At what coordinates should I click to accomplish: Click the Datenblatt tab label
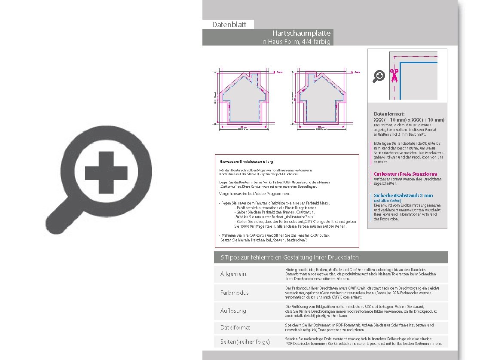click(x=229, y=24)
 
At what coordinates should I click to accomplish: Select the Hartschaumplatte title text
click(x=301, y=33)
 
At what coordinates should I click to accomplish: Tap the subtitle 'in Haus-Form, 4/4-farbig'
click(x=296, y=42)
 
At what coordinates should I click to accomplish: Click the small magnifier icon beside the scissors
click(x=379, y=76)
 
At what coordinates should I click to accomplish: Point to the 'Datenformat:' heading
click(x=389, y=114)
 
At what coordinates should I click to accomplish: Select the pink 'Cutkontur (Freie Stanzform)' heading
click(x=405, y=174)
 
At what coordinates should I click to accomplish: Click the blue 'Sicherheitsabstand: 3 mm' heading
click(x=403, y=195)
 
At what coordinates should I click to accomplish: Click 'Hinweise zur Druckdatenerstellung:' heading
click(x=247, y=162)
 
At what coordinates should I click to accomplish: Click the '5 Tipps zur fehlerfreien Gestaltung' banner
click(x=290, y=257)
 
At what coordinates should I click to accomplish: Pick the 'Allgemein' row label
click(x=233, y=274)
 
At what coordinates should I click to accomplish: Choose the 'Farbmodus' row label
click(x=234, y=293)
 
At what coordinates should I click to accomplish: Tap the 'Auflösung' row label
click(x=233, y=310)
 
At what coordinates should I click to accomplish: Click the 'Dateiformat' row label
click(x=235, y=327)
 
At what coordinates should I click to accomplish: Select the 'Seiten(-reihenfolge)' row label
click(x=245, y=342)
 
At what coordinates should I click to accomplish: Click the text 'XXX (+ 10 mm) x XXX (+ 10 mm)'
click(x=409, y=120)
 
